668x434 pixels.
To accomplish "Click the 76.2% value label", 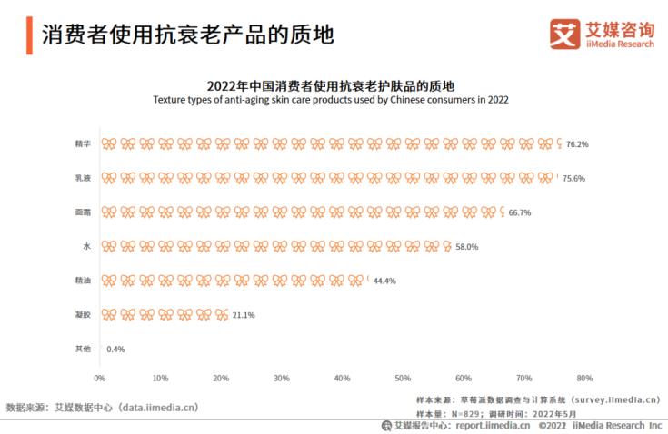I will click(577, 144).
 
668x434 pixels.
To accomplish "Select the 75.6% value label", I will click(573, 179).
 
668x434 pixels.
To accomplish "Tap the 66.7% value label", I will click(519, 212).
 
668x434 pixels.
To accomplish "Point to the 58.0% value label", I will click(466, 246).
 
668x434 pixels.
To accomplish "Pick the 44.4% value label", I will click(384, 281).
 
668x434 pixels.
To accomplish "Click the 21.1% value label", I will click(244, 315).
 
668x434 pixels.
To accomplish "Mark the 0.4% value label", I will click(115, 349).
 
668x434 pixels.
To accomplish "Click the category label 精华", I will click(83, 144).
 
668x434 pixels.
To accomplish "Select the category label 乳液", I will click(83, 179).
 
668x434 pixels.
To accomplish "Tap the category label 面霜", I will click(83, 212).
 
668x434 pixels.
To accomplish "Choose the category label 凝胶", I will click(83, 315).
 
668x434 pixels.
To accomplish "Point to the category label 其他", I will click(83, 349).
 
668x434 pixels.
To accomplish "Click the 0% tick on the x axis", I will click(100, 378).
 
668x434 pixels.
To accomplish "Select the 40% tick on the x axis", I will click(342, 378).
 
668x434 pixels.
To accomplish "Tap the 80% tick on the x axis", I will click(584, 378).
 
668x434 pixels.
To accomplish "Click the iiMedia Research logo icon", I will click(564, 34).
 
